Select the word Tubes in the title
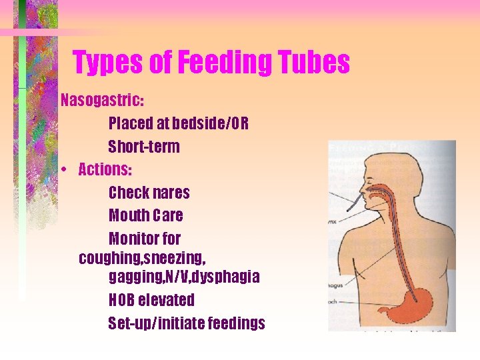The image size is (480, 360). click(x=317, y=63)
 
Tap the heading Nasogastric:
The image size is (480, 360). click(x=102, y=101)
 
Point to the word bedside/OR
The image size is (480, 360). click(x=210, y=124)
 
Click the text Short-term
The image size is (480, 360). click(x=144, y=147)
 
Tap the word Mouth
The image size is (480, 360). click(x=129, y=215)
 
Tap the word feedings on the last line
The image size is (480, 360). click(x=237, y=323)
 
